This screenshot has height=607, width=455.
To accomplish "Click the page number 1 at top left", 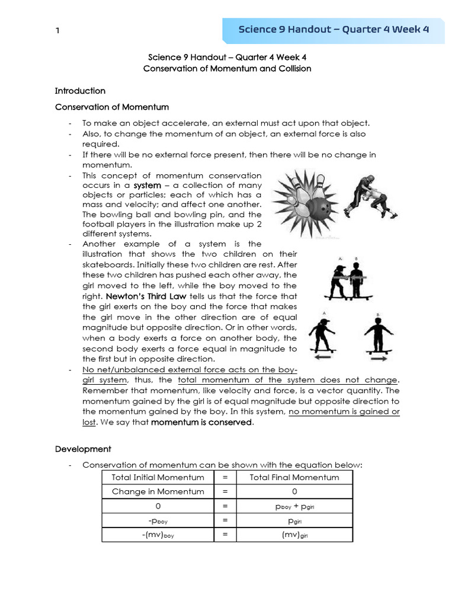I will tap(57, 31).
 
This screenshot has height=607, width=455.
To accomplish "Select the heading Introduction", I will tap(80, 91).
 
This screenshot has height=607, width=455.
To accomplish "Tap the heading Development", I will tap(83, 449).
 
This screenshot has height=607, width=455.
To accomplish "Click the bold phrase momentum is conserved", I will tap(202, 423).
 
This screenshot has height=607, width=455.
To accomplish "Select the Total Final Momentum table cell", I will tap(294, 477).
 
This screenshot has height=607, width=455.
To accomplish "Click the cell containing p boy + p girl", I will tap(294, 506).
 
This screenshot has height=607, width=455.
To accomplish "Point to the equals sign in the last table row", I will tap(225, 535).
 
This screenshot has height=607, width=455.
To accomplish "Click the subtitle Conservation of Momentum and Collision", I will tap(227, 69).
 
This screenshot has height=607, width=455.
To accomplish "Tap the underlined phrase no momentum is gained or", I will tap(344, 412).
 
